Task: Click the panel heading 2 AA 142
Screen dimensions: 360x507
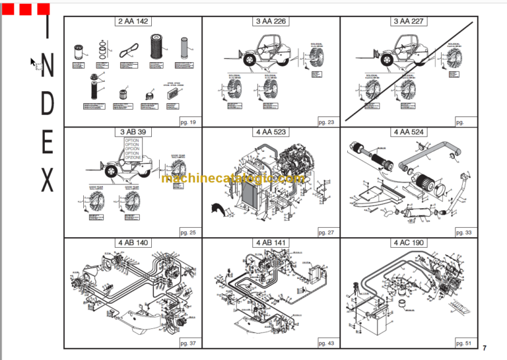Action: pyautogui.click(x=133, y=21)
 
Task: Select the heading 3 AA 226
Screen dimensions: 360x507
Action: pyautogui.click(x=271, y=21)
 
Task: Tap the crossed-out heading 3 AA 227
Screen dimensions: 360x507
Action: pyautogui.click(x=409, y=21)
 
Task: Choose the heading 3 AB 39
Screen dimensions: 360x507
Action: pyautogui.click(x=133, y=132)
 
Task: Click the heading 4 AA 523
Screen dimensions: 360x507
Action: pyautogui.click(x=271, y=132)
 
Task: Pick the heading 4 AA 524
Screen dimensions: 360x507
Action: pyautogui.click(x=409, y=132)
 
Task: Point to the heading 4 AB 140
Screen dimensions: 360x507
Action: pyautogui.click(x=133, y=242)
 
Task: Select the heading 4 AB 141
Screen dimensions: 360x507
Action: pyautogui.click(x=271, y=242)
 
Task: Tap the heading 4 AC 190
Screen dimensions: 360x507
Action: pyautogui.click(x=409, y=242)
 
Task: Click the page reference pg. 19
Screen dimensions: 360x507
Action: pyautogui.click(x=188, y=122)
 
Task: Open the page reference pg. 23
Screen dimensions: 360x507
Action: pyautogui.click(x=326, y=122)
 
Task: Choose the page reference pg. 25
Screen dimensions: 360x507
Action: pyautogui.click(x=188, y=233)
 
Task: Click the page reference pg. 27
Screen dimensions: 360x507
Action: pyautogui.click(x=326, y=233)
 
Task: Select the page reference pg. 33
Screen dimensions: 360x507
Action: pyautogui.click(x=464, y=233)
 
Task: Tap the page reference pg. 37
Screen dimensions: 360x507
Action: pyautogui.click(x=188, y=343)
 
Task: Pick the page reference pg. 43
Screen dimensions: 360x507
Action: pyautogui.click(x=326, y=343)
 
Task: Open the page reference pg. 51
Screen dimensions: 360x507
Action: pyautogui.click(x=464, y=343)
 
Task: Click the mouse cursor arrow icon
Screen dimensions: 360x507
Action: pyautogui.click(x=33, y=62)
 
